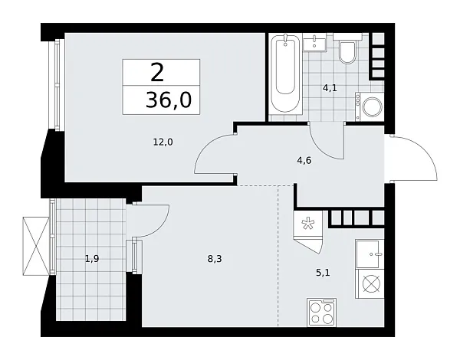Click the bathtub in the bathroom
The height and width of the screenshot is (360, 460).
286,74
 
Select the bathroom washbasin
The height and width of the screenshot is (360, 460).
314,43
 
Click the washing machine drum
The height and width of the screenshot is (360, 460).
373,106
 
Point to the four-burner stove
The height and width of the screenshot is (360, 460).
322,313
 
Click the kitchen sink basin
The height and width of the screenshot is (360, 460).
370,254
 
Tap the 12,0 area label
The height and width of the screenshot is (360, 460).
163,142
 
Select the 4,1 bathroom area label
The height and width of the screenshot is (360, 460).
330,88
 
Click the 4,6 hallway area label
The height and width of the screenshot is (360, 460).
304,161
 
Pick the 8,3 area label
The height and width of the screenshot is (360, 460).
215,259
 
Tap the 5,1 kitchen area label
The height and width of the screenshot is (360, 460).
323,273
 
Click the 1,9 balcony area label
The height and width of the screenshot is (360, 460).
92,259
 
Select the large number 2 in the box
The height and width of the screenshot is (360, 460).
157,73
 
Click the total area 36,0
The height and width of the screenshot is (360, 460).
169,100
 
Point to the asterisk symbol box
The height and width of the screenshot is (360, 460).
307,224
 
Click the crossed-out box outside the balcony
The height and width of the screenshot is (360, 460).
36,246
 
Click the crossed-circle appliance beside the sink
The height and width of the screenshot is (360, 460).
371,283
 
